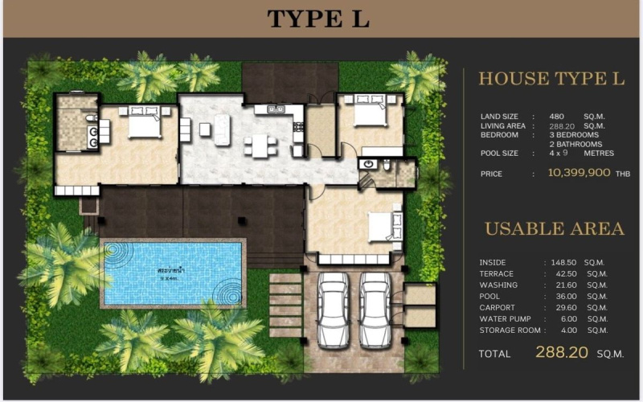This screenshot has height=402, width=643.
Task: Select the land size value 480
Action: pos(556,117)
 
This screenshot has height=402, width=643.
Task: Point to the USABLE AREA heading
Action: pos(554,229)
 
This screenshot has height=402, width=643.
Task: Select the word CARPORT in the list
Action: pos(498,308)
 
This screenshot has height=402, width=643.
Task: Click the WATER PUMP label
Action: pos(505,319)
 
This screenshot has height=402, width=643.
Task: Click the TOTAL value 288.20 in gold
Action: pos(562,352)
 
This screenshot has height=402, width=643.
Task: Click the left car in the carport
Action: pos(333,310)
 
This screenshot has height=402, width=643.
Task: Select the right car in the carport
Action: pos(375,310)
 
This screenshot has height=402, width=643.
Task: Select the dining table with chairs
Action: pos(260,146)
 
